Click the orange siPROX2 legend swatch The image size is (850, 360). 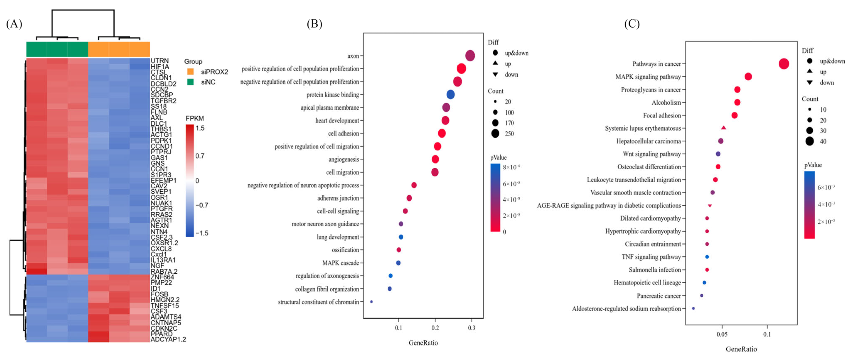tap(190, 72)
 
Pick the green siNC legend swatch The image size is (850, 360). tap(190, 82)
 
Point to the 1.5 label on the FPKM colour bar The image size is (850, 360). tap(200, 128)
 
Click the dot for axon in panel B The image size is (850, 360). tap(470, 56)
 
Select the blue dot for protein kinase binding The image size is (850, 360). tap(450, 95)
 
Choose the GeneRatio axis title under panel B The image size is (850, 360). tap(423, 343)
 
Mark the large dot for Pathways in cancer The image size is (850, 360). tap(784, 64)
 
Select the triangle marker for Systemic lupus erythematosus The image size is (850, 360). tap(723, 128)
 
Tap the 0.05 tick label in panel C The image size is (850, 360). tap(722, 334)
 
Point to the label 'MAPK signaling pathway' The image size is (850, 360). tap(648, 77)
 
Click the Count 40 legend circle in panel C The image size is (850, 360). tap(810, 141)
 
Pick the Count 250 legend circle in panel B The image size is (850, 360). tap(495, 134)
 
